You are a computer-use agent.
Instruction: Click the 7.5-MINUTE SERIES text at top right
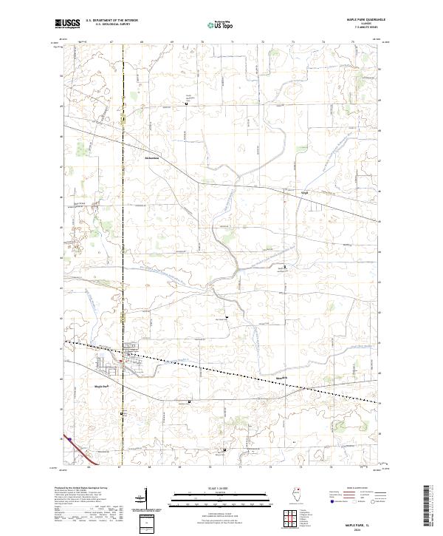(361, 29)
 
